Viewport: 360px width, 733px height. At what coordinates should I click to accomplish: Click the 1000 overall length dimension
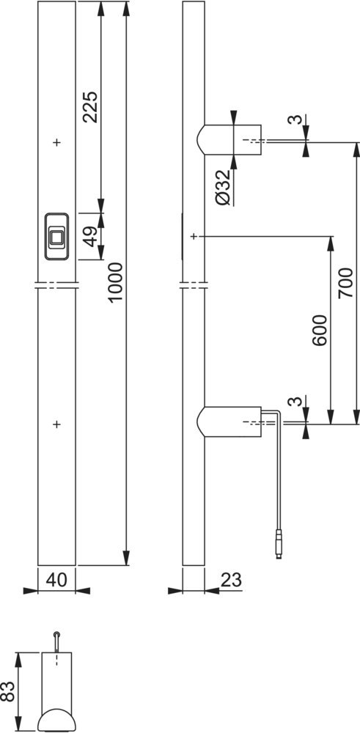(x=115, y=282)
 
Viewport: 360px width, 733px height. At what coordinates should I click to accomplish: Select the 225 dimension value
(x=89, y=107)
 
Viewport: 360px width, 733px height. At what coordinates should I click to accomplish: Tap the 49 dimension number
(x=91, y=236)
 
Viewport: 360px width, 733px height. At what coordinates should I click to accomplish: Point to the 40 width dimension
(x=56, y=580)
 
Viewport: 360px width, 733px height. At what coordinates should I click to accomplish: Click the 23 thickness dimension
(x=231, y=580)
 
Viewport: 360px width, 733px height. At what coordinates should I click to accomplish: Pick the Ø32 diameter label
(x=224, y=187)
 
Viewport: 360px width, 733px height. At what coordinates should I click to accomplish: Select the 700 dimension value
(x=346, y=282)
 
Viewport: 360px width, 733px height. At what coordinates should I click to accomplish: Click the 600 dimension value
(x=320, y=330)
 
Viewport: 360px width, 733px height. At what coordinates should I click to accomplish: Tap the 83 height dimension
(x=8, y=690)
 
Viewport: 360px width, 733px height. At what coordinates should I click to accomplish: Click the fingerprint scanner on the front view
(x=56, y=236)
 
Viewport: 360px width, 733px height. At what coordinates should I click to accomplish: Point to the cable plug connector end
(x=279, y=544)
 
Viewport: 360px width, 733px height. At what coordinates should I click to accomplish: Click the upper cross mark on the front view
(x=56, y=142)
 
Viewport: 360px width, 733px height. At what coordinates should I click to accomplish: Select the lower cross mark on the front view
(x=56, y=424)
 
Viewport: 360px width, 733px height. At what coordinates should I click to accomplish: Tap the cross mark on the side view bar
(x=194, y=237)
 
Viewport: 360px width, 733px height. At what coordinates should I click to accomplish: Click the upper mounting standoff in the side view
(x=229, y=139)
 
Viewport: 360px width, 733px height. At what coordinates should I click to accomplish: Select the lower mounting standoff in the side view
(x=229, y=422)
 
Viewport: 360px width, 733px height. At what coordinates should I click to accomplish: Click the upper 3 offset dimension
(x=294, y=119)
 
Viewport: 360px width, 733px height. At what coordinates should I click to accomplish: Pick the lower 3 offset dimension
(x=294, y=402)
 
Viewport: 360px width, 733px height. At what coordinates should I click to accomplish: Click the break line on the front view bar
(x=56, y=285)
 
